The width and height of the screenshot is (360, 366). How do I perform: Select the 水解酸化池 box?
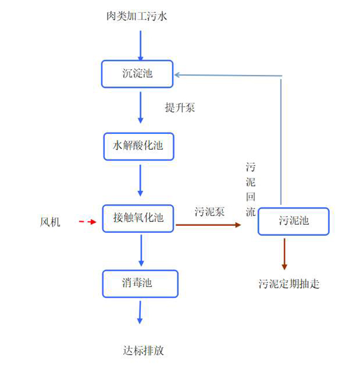point(138,146)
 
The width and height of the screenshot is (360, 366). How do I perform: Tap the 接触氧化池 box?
point(138,219)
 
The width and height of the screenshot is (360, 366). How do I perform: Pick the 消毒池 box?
point(140,283)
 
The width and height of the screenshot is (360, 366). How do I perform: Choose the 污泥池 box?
point(293,221)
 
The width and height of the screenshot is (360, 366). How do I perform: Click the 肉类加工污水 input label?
point(137,16)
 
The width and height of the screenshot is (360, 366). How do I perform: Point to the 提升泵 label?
point(179,108)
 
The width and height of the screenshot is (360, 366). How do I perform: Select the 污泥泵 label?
point(210,212)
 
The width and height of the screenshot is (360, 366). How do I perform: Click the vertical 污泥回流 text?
point(251,190)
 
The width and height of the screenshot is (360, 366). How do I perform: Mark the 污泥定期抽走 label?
point(289,284)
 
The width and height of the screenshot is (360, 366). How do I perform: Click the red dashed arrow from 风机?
point(87,222)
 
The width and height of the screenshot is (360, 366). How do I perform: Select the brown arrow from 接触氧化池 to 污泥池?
point(208,225)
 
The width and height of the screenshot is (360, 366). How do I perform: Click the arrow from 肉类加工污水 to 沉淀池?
point(140,45)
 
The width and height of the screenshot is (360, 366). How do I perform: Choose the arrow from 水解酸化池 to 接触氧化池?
point(140,181)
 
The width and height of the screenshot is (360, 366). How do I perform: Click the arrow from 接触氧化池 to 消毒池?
point(140,251)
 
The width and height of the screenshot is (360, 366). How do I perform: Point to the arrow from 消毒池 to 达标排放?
point(140,312)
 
